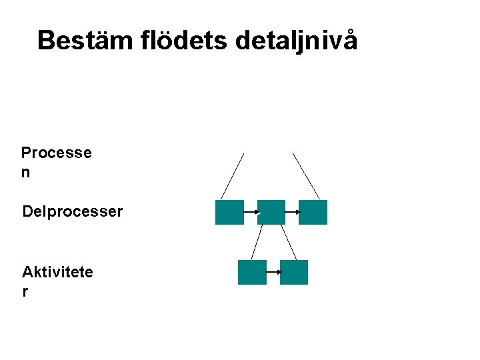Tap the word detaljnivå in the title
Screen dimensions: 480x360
pos(297,40)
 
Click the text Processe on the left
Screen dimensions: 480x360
pos(56,153)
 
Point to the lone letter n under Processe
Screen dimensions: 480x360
pos(26,172)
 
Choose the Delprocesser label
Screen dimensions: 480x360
pos(72,212)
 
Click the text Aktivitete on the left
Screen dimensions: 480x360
pos(57,272)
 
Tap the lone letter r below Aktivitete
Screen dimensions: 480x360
pos(25,291)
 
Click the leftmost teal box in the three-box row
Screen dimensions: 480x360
pos(229,212)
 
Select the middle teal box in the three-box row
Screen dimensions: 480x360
pos(271,212)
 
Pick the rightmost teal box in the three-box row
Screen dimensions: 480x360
pos(313,212)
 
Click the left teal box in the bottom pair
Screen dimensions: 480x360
pos(252,272)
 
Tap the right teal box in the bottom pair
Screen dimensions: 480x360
pos(294,272)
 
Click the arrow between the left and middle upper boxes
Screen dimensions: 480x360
pos(251,212)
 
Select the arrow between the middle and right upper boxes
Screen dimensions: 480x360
pos(292,212)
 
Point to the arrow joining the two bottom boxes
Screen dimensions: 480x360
pos(273,272)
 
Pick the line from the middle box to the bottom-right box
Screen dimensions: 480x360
pos(289,241)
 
